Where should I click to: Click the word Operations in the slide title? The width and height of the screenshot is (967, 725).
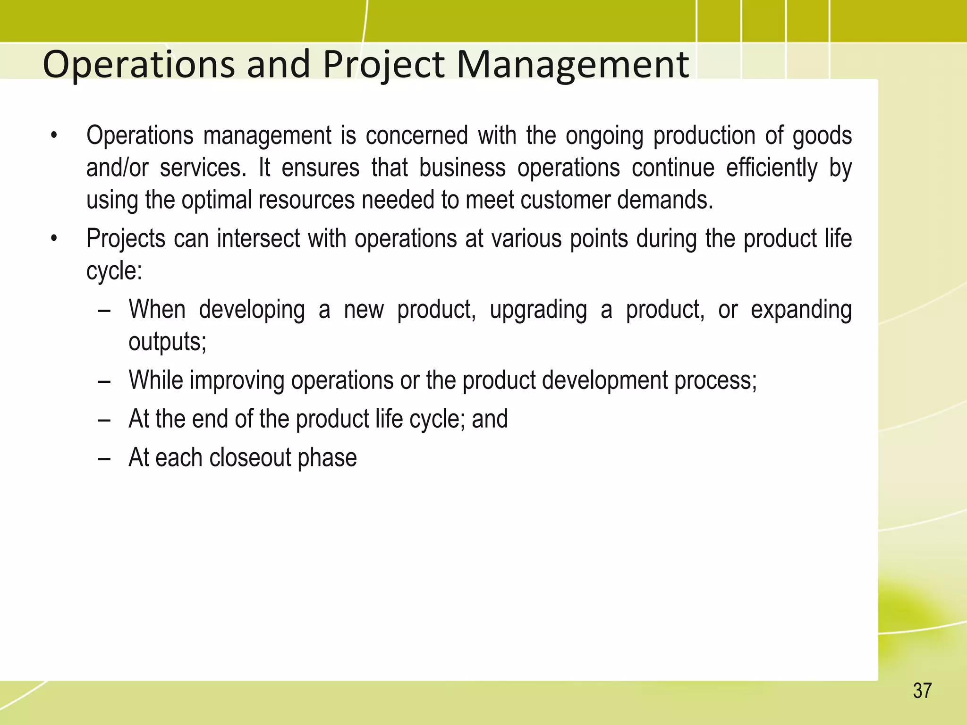tap(138, 65)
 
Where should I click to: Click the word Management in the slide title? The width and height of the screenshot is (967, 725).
tap(572, 65)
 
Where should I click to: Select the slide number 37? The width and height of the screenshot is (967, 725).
tap(922, 691)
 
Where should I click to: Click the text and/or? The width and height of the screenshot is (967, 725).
tap(117, 169)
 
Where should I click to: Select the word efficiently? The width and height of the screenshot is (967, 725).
tap(772, 169)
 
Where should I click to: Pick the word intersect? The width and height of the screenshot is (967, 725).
tap(258, 238)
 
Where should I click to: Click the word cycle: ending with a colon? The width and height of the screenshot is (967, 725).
tap(114, 271)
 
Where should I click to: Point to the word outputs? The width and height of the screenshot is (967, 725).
tap(168, 342)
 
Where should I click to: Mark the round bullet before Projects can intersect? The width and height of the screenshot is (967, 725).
tap(54, 239)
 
